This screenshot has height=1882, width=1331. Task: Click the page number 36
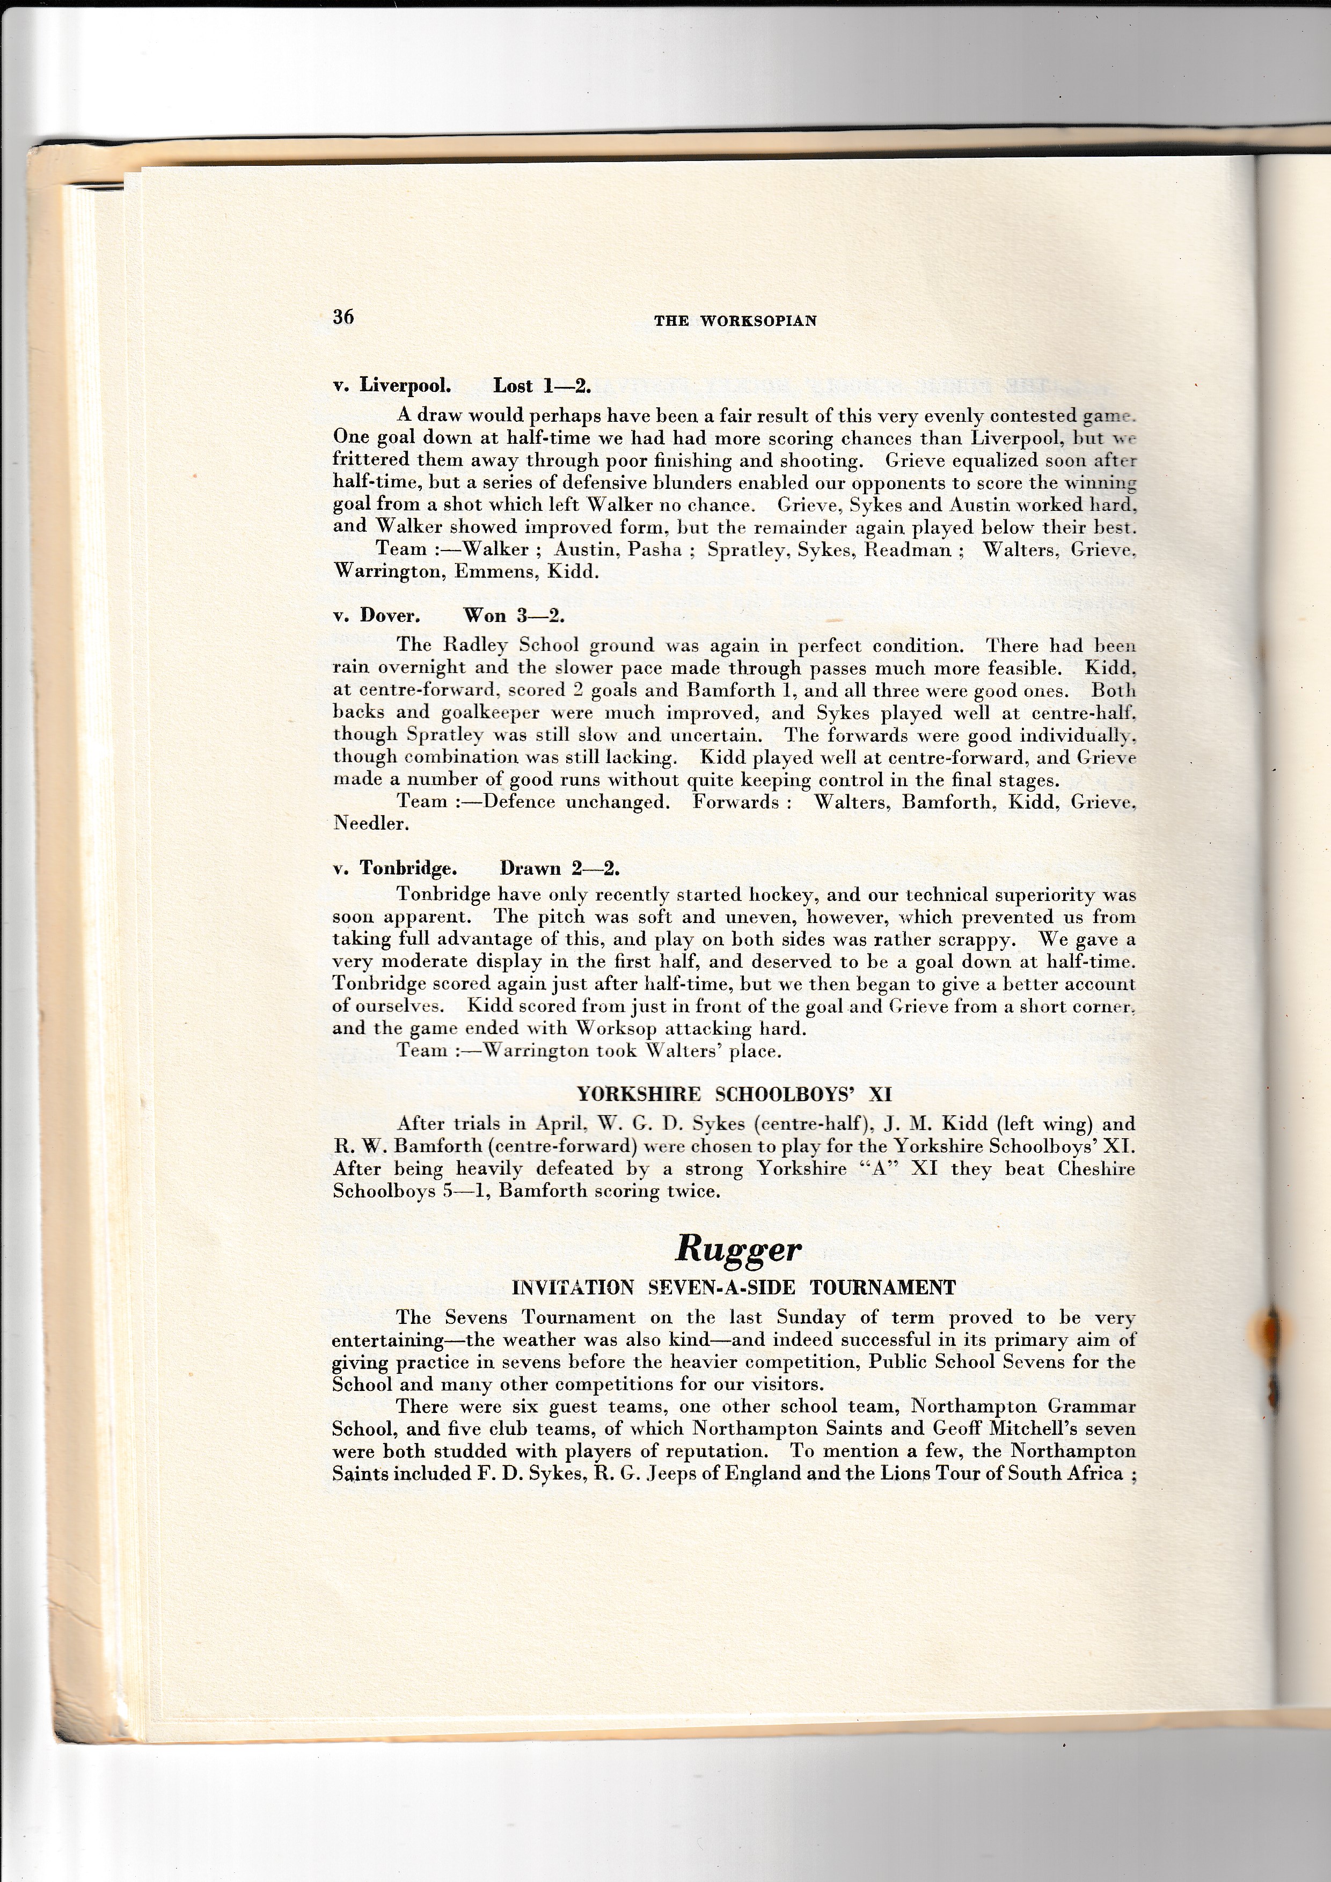click(x=343, y=317)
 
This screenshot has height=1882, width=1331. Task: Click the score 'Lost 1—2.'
click(x=542, y=386)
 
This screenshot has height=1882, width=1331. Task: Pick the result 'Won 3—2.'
click(x=514, y=616)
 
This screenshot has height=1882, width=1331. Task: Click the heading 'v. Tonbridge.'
click(x=395, y=869)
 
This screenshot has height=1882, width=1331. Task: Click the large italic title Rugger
click(x=737, y=1248)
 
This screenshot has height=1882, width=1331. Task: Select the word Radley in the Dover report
click(x=479, y=646)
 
